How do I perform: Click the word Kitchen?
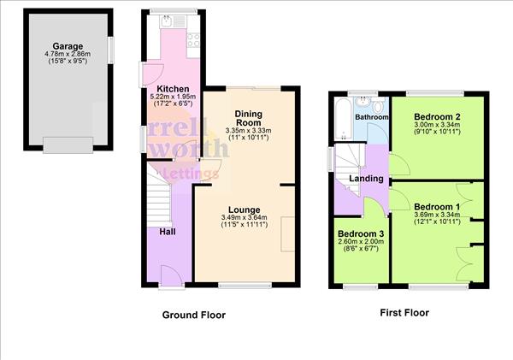pos(172,89)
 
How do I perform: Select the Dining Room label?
pos(248,117)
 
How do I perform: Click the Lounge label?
pos(245,210)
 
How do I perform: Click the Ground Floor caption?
pos(194,315)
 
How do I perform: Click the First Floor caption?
pos(404,313)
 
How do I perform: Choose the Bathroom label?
pos(372,117)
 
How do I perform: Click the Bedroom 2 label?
pos(437,116)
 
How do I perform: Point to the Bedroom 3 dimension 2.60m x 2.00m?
pos(361,242)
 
